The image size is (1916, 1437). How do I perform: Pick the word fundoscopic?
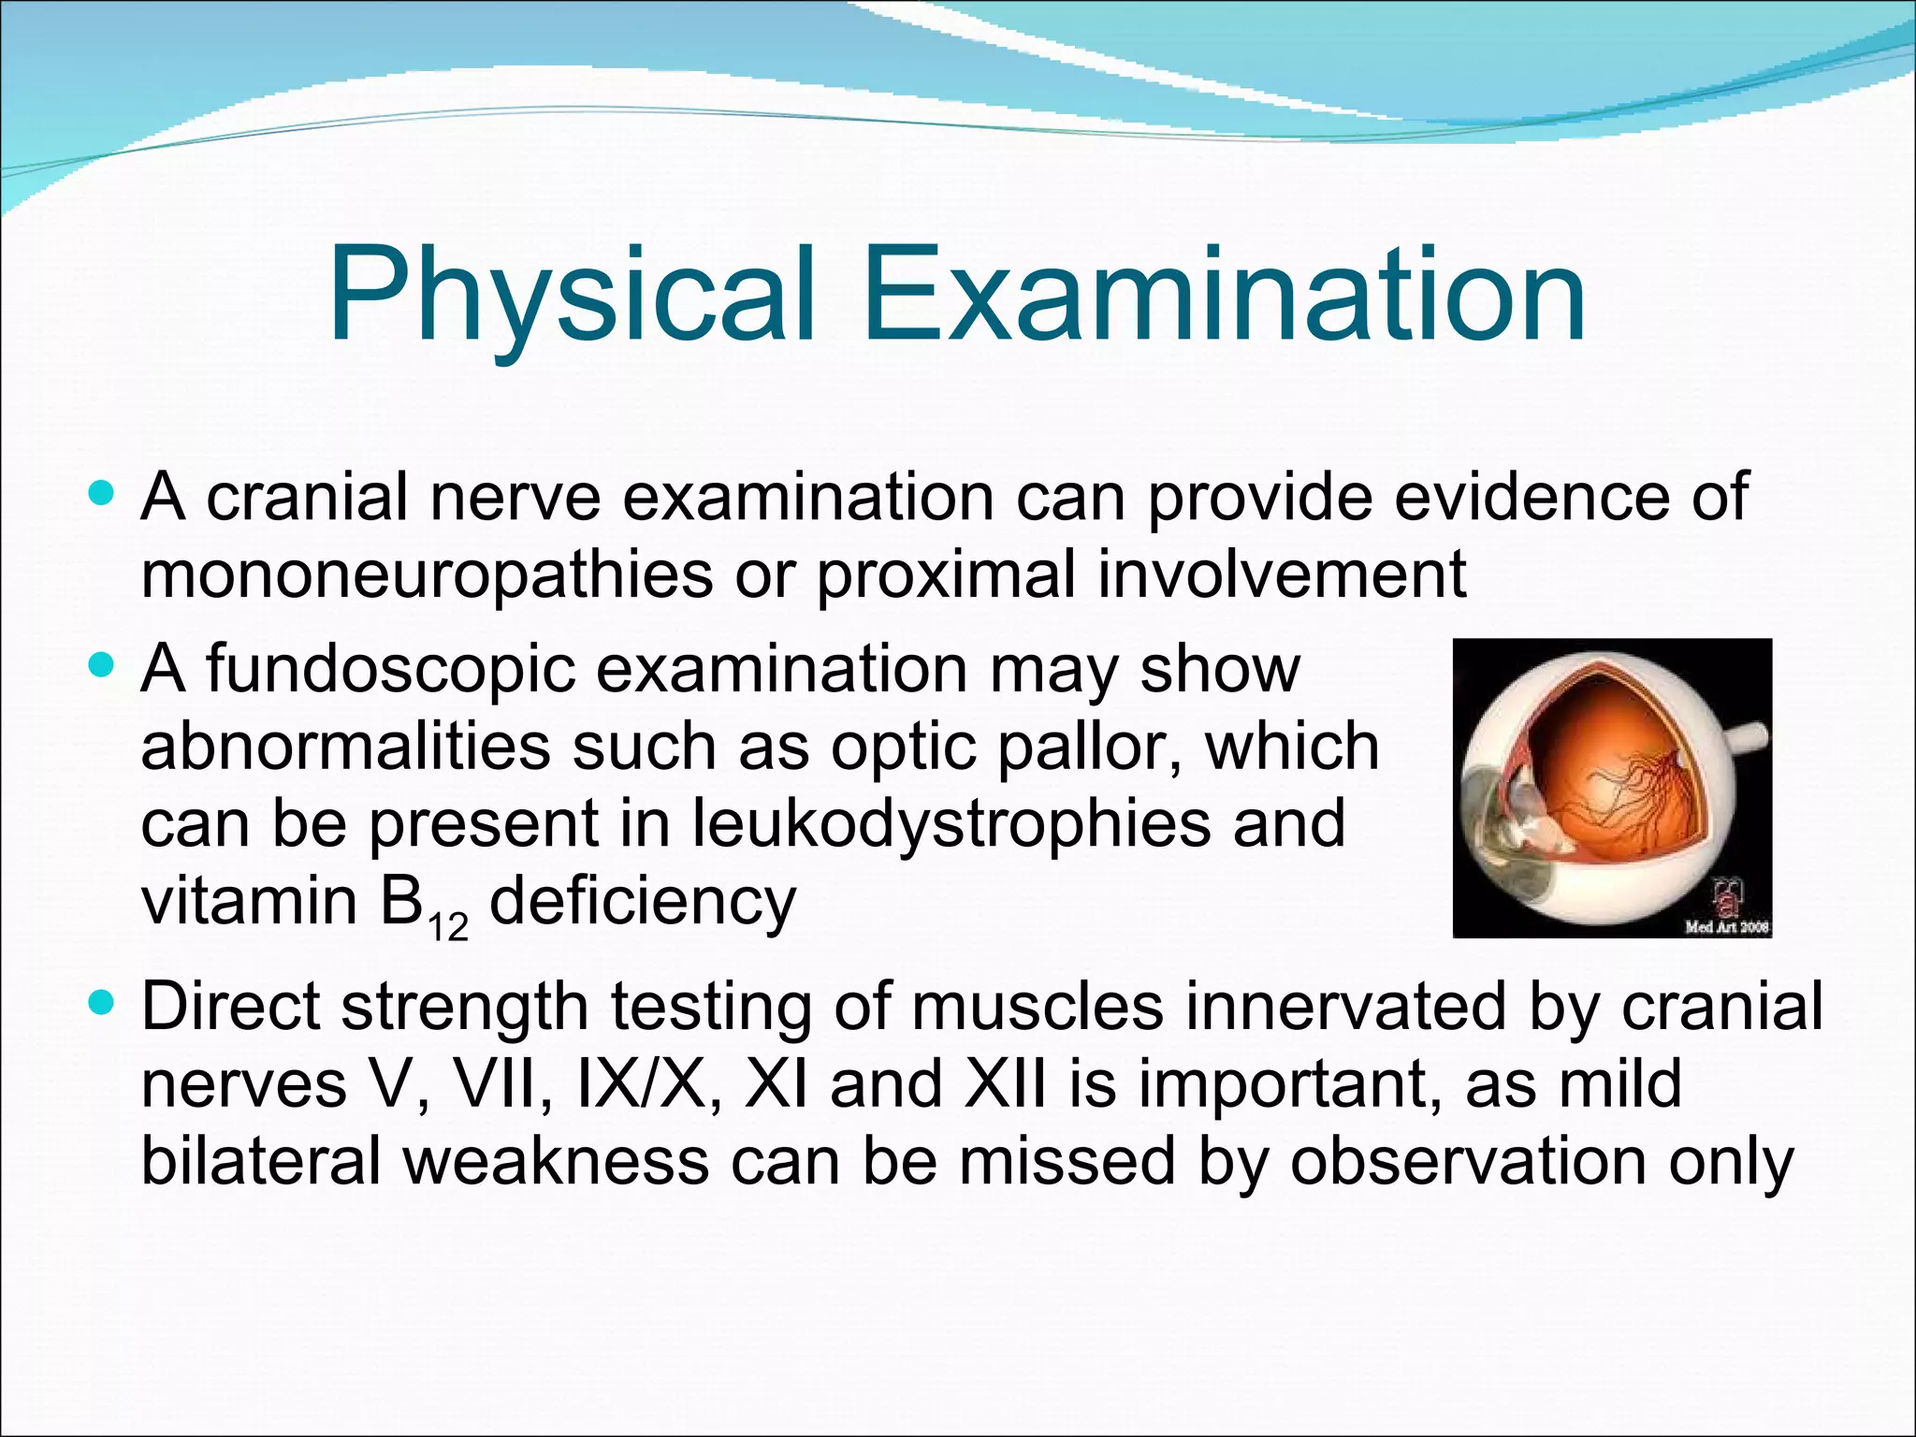coord(390,671)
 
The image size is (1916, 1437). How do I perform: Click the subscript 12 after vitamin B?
coord(448,927)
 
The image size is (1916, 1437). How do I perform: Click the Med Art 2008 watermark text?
coord(1726,927)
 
